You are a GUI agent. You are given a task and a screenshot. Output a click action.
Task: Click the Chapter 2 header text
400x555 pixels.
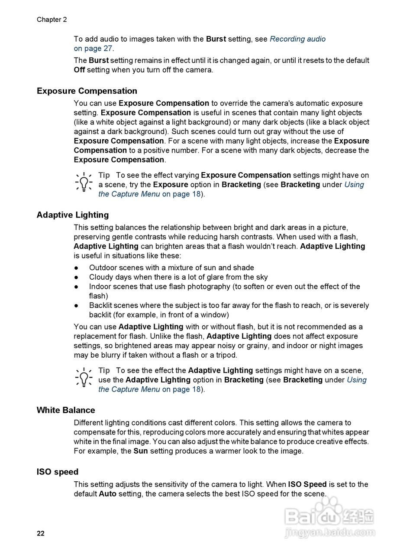(x=52, y=20)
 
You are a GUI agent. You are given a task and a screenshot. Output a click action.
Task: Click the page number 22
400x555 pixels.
(x=41, y=533)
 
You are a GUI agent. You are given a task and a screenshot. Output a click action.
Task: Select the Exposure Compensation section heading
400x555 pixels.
(x=87, y=91)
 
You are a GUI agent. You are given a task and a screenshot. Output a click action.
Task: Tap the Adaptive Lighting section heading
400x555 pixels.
(x=72, y=215)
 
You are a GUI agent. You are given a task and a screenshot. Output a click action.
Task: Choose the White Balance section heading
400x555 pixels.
(x=65, y=410)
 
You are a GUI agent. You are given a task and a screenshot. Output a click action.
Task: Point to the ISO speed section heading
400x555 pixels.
(x=57, y=472)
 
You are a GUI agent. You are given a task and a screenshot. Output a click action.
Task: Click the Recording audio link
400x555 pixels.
(x=297, y=39)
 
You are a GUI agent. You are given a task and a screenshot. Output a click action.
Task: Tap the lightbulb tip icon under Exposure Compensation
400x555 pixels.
(x=84, y=182)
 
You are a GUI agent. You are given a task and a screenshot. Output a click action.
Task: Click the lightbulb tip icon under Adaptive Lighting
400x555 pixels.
(x=84, y=377)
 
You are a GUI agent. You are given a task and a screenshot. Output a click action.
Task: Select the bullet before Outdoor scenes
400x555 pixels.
(x=77, y=268)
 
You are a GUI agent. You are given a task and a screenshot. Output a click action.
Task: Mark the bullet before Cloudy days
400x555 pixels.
(x=77, y=277)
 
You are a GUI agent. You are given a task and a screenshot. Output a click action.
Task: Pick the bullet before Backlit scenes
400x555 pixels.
(x=77, y=306)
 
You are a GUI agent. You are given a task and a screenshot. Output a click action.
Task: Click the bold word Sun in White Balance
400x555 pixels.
(x=140, y=451)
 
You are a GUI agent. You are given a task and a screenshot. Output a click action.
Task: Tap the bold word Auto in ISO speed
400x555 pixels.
(x=107, y=494)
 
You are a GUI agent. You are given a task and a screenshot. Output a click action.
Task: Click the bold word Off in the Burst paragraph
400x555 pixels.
(x=79, y=70)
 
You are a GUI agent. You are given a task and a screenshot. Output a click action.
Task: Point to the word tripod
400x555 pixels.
(x=226, y=355)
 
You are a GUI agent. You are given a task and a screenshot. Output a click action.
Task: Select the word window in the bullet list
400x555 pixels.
(x=215, y=315)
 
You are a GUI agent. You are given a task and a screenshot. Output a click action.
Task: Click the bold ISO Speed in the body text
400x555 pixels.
(x=307, y=484)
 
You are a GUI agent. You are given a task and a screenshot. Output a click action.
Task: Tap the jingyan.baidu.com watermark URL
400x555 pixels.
(x=330, y=532)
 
